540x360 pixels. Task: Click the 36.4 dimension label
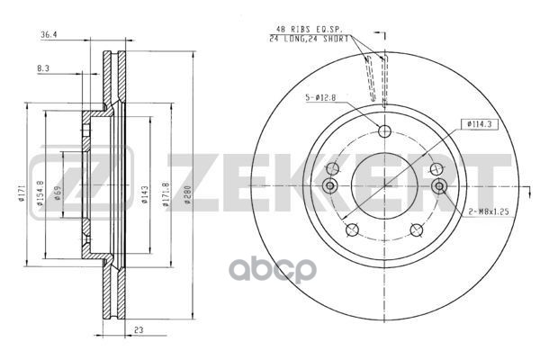pos(49,35)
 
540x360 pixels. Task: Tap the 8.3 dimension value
pos(43,68)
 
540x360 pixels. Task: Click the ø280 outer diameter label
pos(187,191)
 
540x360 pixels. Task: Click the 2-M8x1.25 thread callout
pos(487,211)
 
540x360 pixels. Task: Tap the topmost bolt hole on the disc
pos(385,132)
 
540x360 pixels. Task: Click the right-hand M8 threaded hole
pos(439,186)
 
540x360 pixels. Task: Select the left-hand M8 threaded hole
pos(330,186)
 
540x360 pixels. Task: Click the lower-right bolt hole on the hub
pos(417,230)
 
